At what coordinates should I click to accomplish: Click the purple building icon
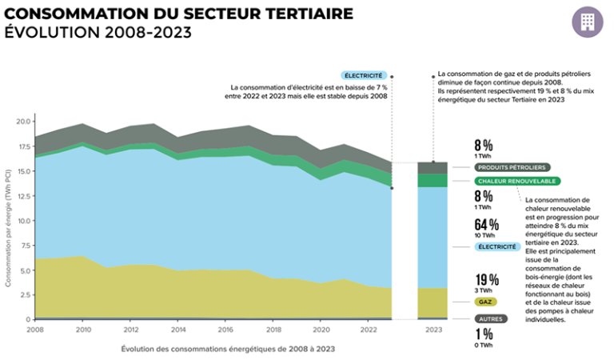(588, 22)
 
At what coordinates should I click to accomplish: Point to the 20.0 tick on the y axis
(22, 122)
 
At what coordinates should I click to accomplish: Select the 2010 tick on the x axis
(82, 329)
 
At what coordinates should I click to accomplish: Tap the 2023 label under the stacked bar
(434, 329)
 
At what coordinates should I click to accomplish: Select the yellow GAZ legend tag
(484, 302)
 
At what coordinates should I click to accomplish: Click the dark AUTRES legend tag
(489, 318)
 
